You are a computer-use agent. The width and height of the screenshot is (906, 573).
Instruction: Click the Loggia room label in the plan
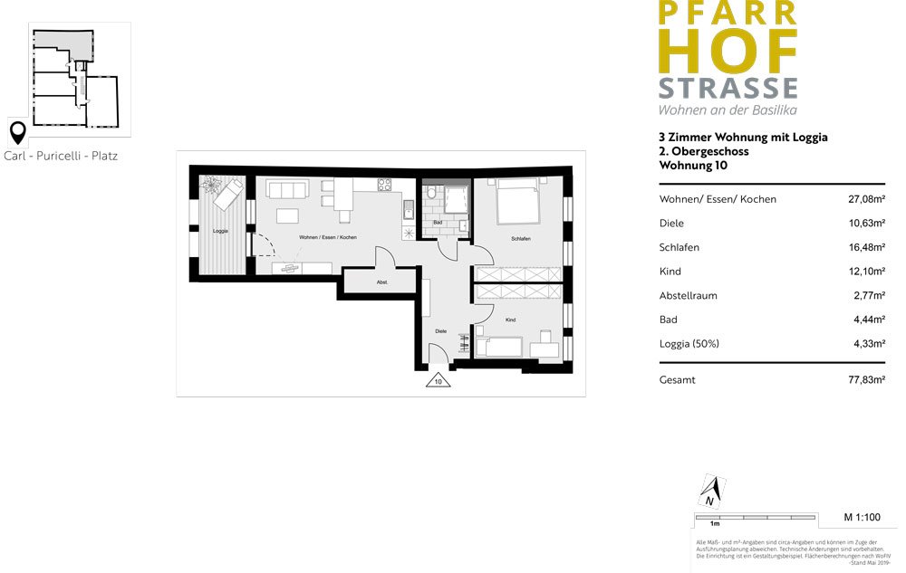219,231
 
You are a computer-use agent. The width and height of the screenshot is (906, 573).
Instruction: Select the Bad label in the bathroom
438,222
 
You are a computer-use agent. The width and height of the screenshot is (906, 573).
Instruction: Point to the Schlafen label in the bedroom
520,238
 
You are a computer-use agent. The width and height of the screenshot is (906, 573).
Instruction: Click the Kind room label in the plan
511,320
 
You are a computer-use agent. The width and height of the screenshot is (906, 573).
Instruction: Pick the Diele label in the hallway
441,331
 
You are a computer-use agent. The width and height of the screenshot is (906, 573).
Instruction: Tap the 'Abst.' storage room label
382,282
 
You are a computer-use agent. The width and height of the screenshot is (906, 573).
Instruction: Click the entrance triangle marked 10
439,381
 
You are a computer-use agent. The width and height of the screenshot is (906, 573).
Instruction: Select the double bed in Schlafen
517,201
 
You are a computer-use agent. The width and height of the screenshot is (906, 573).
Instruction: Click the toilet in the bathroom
433,194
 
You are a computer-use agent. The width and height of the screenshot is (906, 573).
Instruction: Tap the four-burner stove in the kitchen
384,186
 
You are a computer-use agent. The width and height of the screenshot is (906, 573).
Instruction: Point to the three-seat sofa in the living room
288,190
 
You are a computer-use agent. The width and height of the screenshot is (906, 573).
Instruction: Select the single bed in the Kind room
498,346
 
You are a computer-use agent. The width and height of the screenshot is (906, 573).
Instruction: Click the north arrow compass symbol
709,492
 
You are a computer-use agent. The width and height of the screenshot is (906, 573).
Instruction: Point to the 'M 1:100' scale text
862,518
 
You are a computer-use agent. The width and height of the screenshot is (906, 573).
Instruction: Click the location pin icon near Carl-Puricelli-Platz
16,133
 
